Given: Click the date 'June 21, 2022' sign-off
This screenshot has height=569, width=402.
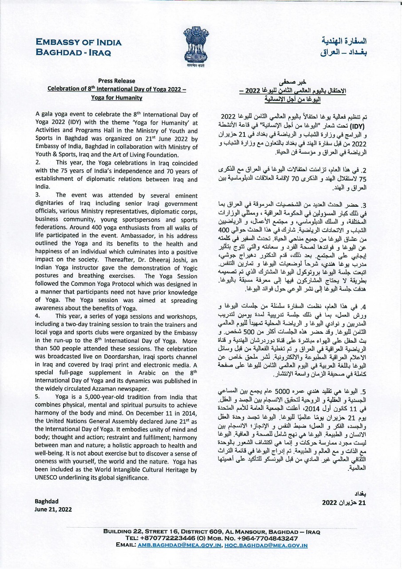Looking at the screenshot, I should pyautogui.click(x=53, y=509).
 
